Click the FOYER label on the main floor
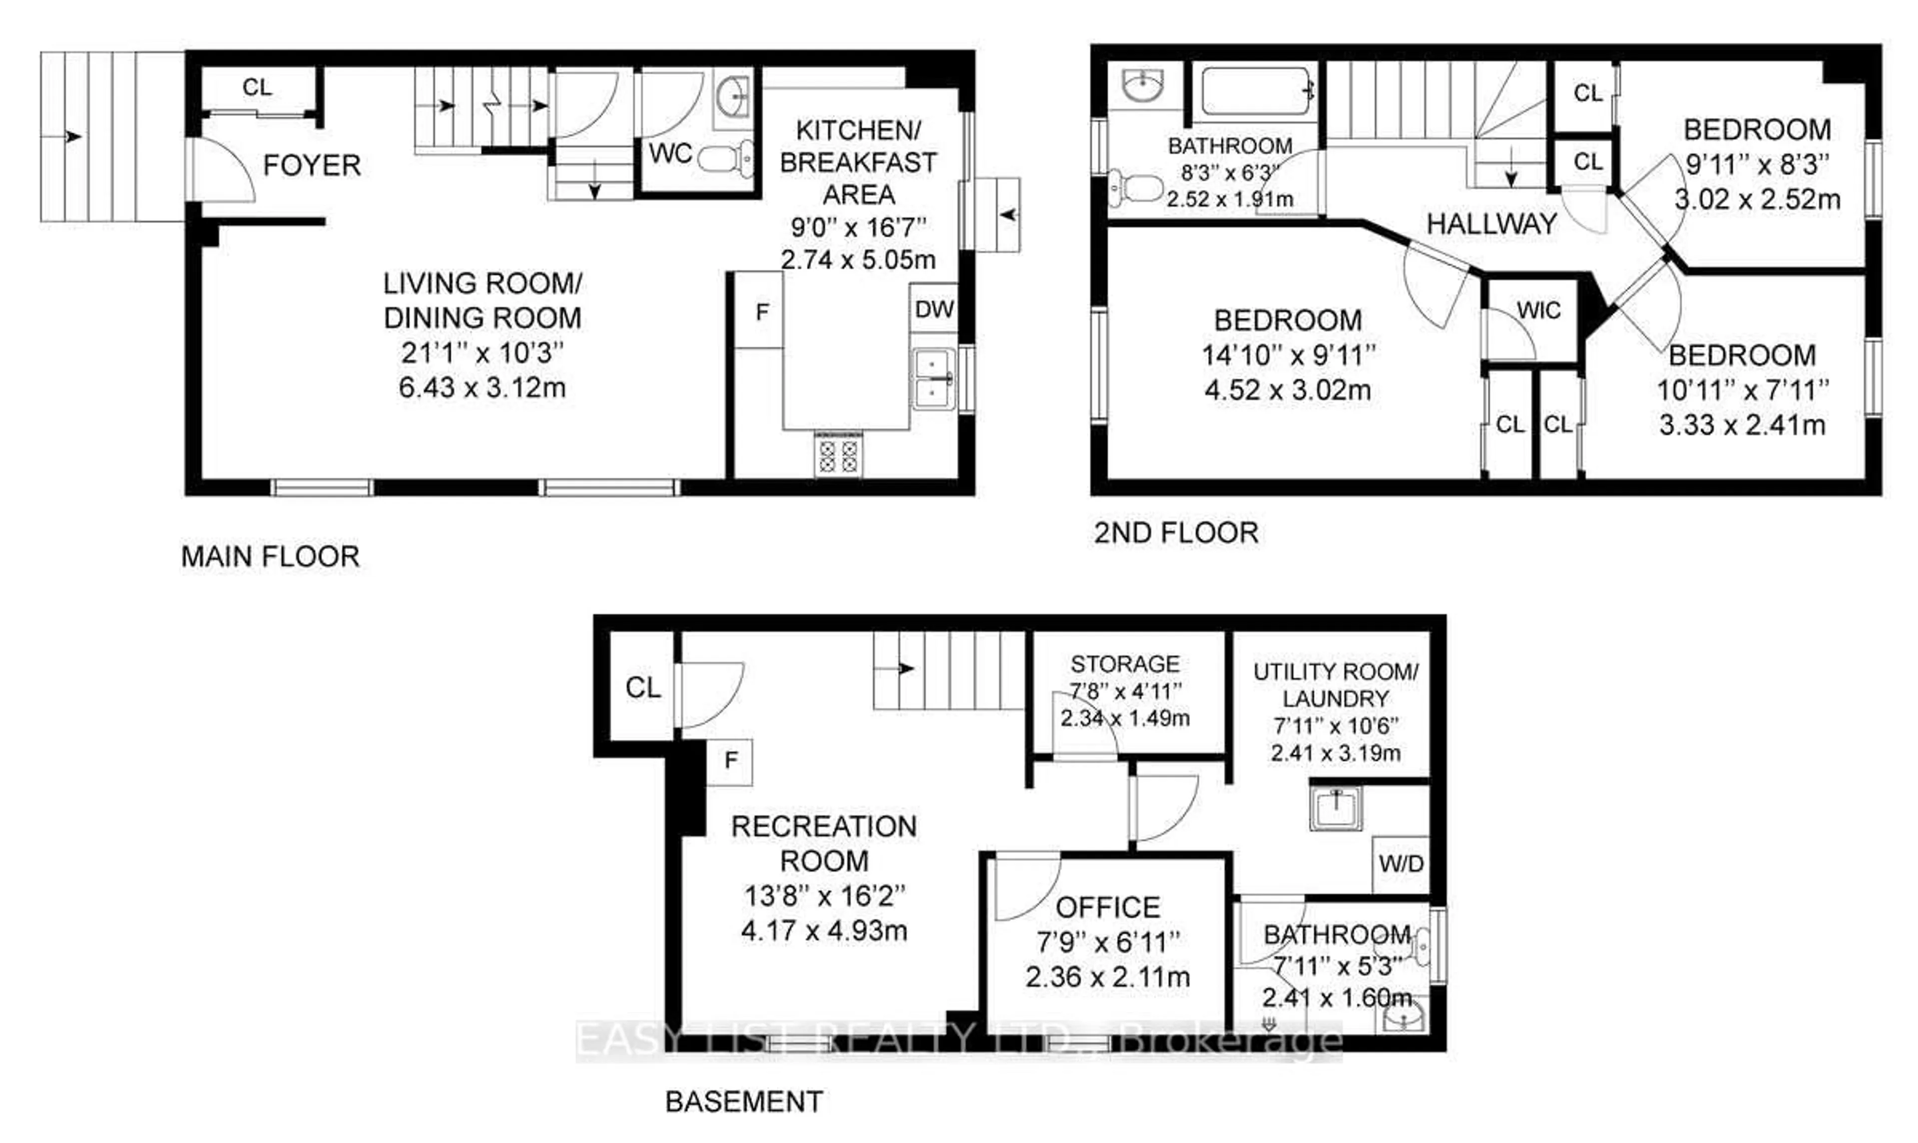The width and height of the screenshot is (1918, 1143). tap(312, 165)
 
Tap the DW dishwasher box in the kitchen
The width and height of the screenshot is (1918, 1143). tap(934, 310)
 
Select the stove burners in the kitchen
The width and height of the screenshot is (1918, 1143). tap(839, 455)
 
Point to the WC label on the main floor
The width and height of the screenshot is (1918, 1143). tap(670, 154)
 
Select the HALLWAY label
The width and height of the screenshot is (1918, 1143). tap(1491, 224)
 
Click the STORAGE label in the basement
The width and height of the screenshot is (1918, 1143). tap(1125, 664)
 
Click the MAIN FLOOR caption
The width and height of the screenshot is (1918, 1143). tap(270, 556)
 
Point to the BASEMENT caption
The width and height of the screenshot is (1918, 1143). tap(744, 1102)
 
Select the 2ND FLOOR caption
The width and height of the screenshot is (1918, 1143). tap(1176, 533)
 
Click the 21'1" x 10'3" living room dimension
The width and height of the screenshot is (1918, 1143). tap(482, 353)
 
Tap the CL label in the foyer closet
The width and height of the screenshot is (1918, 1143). tap(257, 87)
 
